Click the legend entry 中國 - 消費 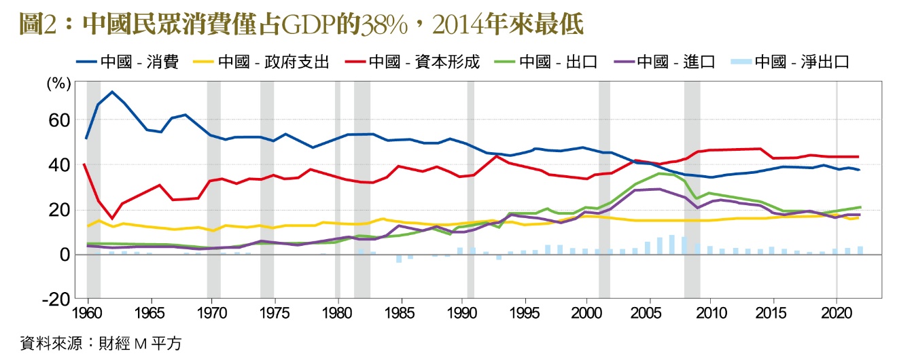(x=130, y=62)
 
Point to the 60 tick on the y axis (x=60, y=120)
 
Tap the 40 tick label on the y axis (x=60, y=165)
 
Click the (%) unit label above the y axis (x=58, y=85)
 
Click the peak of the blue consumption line (x=112, y=92)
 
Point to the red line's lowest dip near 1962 (x=112, y=218)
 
